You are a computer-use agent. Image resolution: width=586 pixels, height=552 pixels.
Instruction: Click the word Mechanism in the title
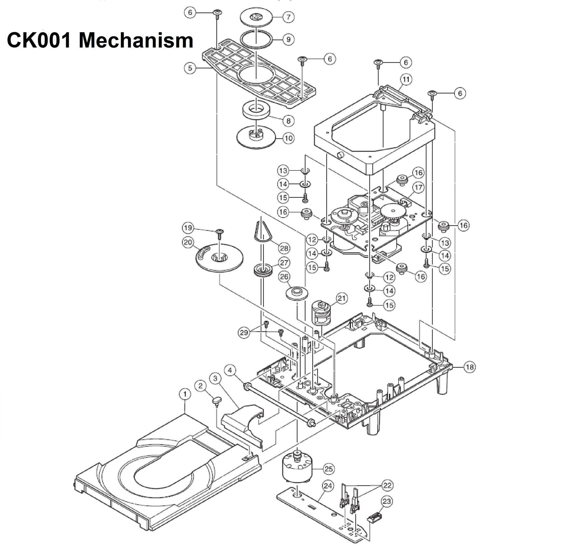pyautogui.click(x=136, y=41)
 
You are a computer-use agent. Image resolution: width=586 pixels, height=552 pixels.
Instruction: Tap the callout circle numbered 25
pyautogui.click(x=329, y=469)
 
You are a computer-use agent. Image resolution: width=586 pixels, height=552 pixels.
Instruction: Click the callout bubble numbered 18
pyautogui.click(x=469, y=367)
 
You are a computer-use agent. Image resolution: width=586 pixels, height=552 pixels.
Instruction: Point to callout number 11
pyautogui.click(x=406, y=79)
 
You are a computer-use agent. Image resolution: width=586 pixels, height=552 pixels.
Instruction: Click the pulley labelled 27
pyautogui.click(x=263, y=270)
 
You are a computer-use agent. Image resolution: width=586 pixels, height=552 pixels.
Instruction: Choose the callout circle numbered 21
pyautogui.click(x=342, y=298)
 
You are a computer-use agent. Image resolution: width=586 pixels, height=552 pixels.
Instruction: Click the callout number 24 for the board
pyautogui.click(x=328, y=486)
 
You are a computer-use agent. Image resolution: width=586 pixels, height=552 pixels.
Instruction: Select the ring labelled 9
pyautogui.click(x=256, y=40)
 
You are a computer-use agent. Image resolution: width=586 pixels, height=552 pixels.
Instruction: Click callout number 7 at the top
pyautogui.click(x=288, y=17)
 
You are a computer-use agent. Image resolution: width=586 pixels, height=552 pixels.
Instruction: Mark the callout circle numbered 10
pyautogui.click(x=288, y=138)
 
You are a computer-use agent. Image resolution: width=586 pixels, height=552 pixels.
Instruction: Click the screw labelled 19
pyautogui.click(x=220, y=232)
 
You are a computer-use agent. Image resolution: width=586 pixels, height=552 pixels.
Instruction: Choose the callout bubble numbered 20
pyautogui.click(x=188, y=243)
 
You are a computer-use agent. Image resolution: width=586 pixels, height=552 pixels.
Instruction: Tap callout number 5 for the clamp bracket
pyautogui.click(x=190, y=68)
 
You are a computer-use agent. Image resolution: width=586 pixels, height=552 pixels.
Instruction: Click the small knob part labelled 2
pyautogui.click(x=217, y=400)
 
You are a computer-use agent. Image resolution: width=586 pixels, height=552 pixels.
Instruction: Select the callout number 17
pyautogui.click(x=418, y=187)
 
